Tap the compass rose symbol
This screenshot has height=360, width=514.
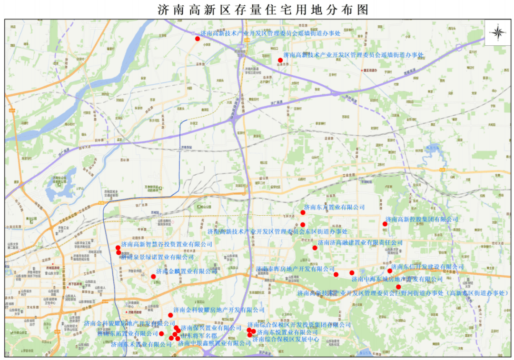(498, 33)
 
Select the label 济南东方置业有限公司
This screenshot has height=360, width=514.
(334, 207)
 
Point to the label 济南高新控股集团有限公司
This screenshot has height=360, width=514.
(422, 220)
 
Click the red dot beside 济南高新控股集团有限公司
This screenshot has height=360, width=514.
(385, 224)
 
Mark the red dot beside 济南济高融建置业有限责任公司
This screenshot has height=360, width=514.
(315, 248)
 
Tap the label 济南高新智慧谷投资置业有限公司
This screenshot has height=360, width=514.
(167, 244)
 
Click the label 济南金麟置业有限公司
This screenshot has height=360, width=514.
(187, 271)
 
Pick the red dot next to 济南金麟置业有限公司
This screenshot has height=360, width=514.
(153, 277)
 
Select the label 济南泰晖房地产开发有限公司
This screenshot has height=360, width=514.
(295, 269)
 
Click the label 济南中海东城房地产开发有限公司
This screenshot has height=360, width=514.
(397, 279)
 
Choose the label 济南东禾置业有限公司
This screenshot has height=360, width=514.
(141, 344)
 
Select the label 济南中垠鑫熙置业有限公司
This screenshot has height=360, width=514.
(208, 343)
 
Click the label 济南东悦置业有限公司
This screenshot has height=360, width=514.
(287, 332)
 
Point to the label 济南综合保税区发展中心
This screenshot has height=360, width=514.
(286, 339)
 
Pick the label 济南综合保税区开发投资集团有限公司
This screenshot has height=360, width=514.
(299, 325)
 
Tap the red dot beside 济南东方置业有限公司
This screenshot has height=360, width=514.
(303, 212)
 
